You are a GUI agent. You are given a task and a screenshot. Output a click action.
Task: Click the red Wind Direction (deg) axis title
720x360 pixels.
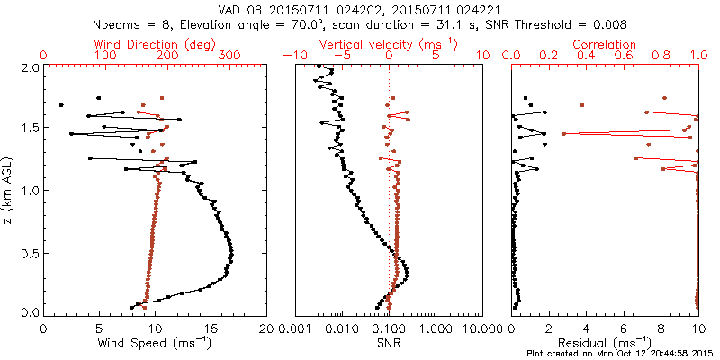pos(155,44)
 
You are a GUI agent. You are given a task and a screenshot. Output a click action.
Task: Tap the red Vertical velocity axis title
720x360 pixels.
pos(388,44)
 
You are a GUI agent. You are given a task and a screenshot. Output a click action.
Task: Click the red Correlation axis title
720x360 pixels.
pos(605,44)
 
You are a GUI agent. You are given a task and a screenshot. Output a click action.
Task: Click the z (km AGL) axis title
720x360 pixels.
pos(9,190)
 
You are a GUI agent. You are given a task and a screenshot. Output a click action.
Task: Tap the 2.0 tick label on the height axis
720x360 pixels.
pos(29,67)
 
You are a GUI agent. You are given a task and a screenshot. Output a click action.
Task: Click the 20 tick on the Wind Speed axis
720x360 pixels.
pos(266,328)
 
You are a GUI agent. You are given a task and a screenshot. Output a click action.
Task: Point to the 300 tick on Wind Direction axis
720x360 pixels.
pos(230,56)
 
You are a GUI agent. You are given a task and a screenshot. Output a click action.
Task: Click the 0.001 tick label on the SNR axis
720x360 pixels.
pos(296,328)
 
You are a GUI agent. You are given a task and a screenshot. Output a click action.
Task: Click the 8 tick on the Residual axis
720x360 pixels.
pos(661,328)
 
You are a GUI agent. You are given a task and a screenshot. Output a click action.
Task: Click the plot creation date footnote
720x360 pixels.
pos(621,354)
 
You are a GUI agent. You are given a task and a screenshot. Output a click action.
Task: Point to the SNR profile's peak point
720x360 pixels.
pos(408,269)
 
